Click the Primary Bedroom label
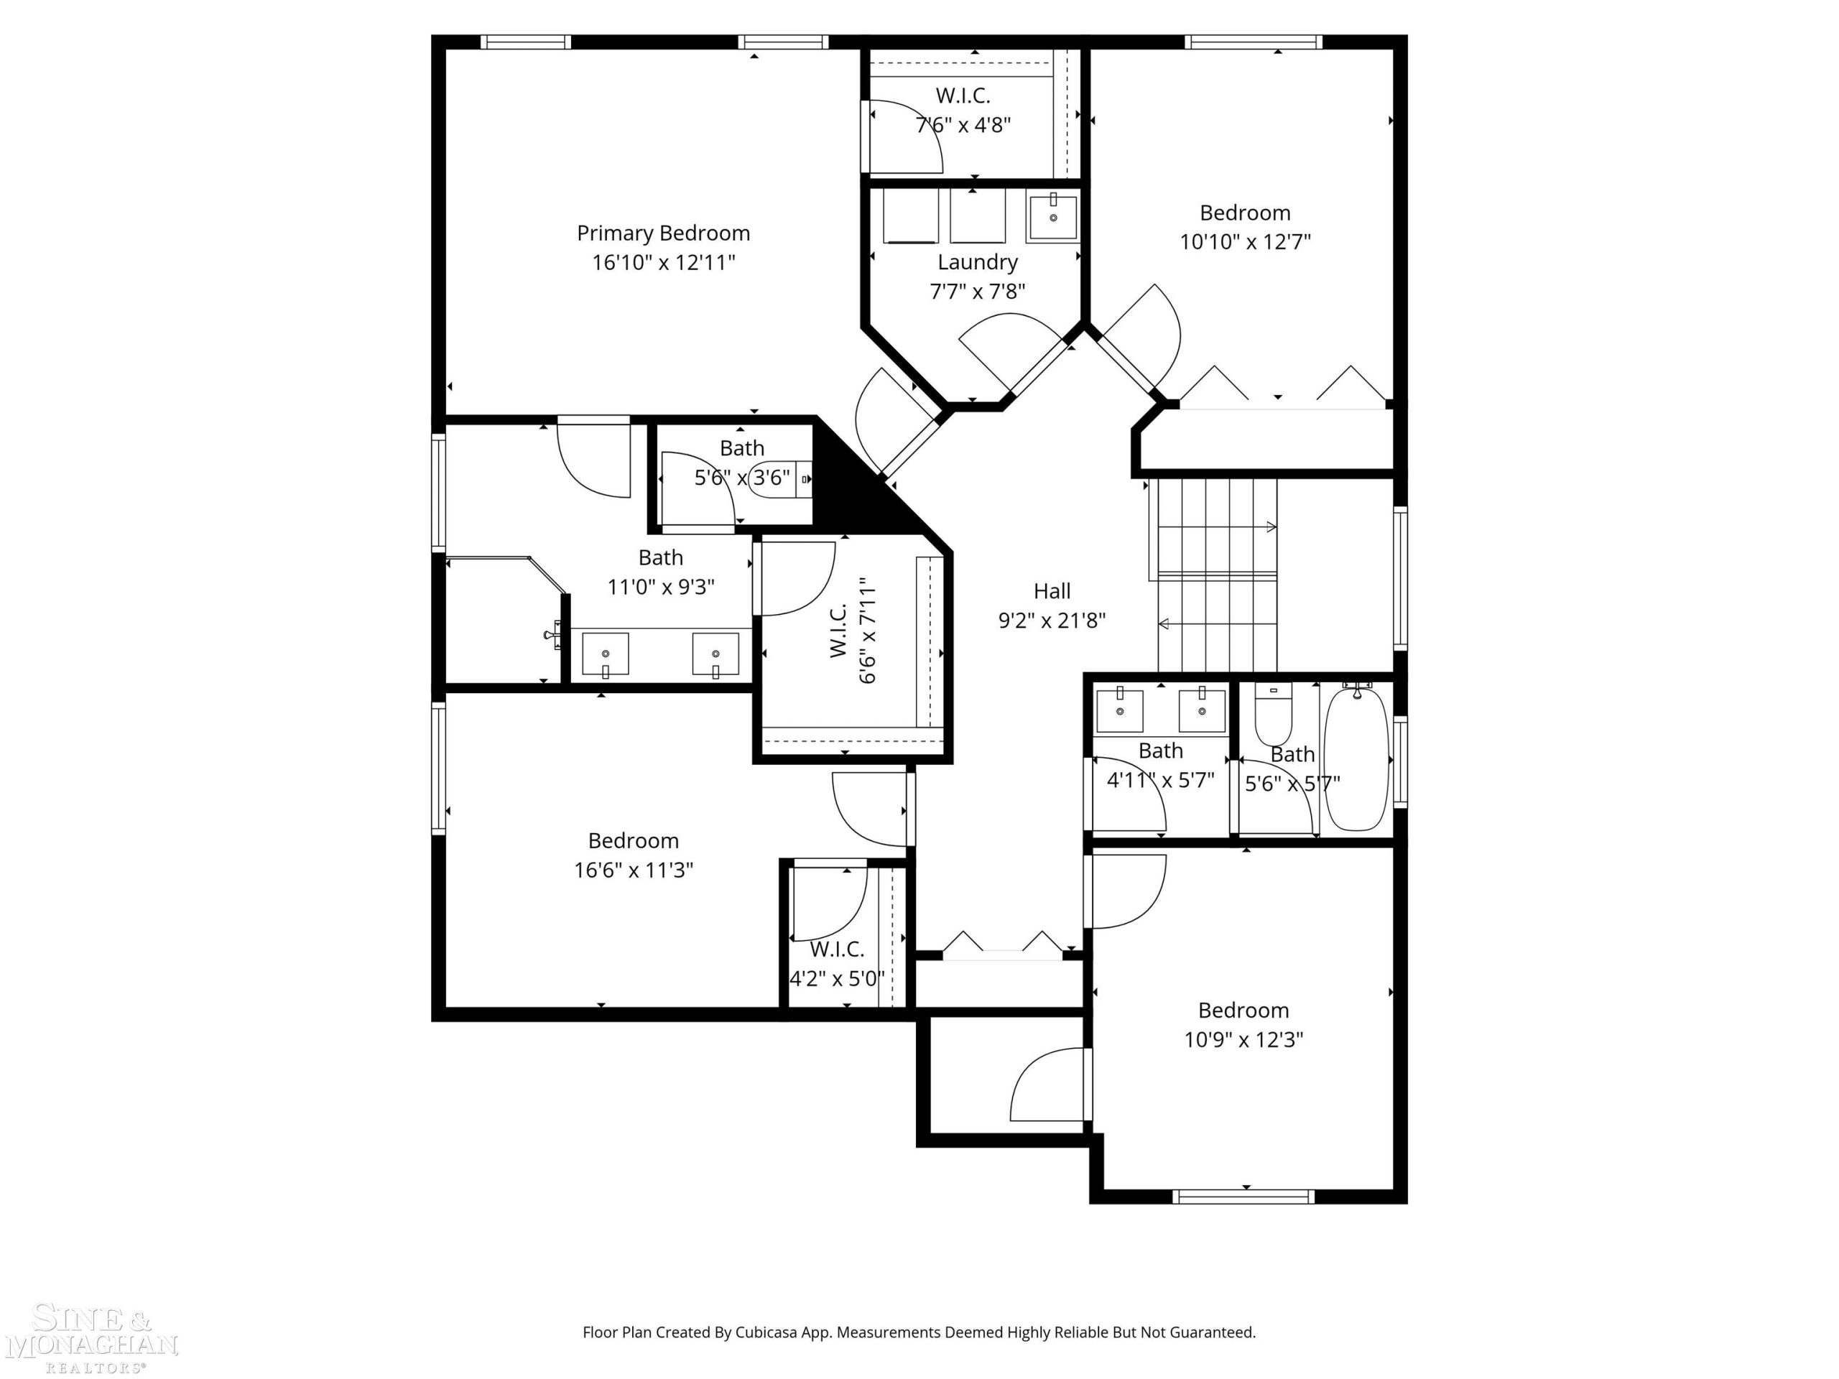pyautogui.click(x=664, y=233)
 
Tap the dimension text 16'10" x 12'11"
pyautogui.click(x=664, y=263)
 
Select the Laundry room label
pyautogui.click(x=978, y=263)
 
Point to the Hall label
pyautogui.click(x=1052, y=591)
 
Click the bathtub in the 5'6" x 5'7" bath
pyautogui.click(x=1356, y=757)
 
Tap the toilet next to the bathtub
pyautogui.click(x=1273, y=715)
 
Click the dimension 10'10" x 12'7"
pyautogui.click(x=1246, y=242)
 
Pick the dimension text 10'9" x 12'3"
pyautogui.click(x=1243, y=1040)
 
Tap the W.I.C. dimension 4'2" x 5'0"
pyautogui.click(x=836, y=978)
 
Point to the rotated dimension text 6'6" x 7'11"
pyautogui.click(x=867, y=630)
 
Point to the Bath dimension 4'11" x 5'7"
pyautogui.click(x=1161, y=781)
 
